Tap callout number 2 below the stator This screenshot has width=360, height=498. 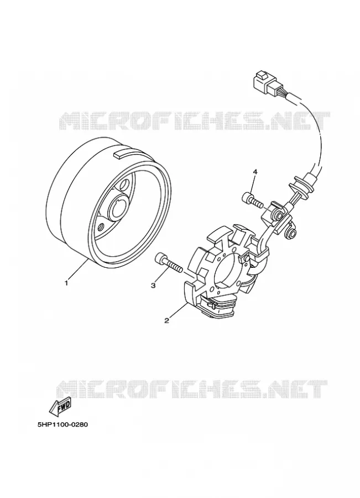pos(166,320)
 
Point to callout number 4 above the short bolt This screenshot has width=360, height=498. pos(255,172)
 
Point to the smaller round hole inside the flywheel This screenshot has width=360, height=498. pos(101,227)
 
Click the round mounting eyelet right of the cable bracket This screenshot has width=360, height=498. pos(291,235)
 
